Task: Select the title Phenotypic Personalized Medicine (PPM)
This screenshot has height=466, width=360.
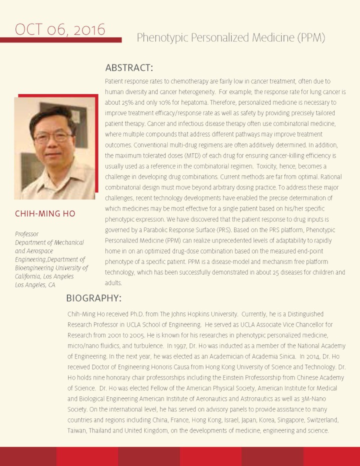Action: [x=231, y=37]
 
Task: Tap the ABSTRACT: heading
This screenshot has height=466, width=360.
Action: [x=129, y=67]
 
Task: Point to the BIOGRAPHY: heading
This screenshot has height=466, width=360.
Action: [x=94, y=298]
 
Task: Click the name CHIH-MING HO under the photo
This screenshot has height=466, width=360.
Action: [x=45, y=214]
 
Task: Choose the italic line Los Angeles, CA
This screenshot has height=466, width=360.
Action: [x=34, y=285]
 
